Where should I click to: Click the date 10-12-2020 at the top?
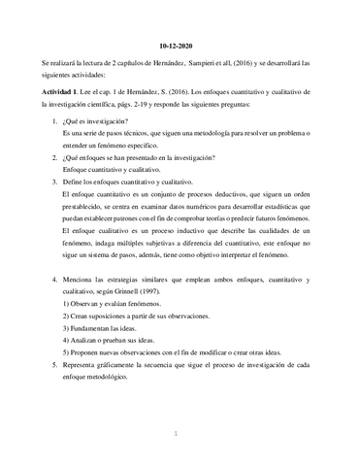[180, 46]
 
